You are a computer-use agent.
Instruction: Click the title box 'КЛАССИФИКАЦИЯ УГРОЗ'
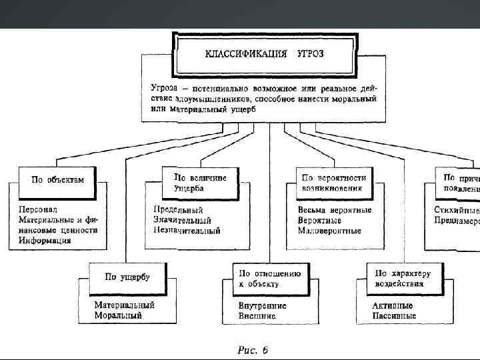(264, 53)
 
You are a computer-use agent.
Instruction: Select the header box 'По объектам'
(58, 180)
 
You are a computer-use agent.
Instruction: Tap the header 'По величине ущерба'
(200, 183)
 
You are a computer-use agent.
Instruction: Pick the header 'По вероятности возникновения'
(333, 183)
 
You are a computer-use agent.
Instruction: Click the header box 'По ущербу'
(127, 277)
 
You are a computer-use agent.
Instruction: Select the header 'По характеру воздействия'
(403, 278)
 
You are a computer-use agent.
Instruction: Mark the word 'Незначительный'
(187, 231)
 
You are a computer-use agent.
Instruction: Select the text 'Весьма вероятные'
(335, 210)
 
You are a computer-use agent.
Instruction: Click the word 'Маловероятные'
(329, 231)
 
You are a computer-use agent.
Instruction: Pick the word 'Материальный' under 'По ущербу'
(124, 305)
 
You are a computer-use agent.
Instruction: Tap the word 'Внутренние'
(263, 305)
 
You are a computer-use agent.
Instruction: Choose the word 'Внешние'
(257, 316)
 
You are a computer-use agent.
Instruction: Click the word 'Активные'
(393, 305)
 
